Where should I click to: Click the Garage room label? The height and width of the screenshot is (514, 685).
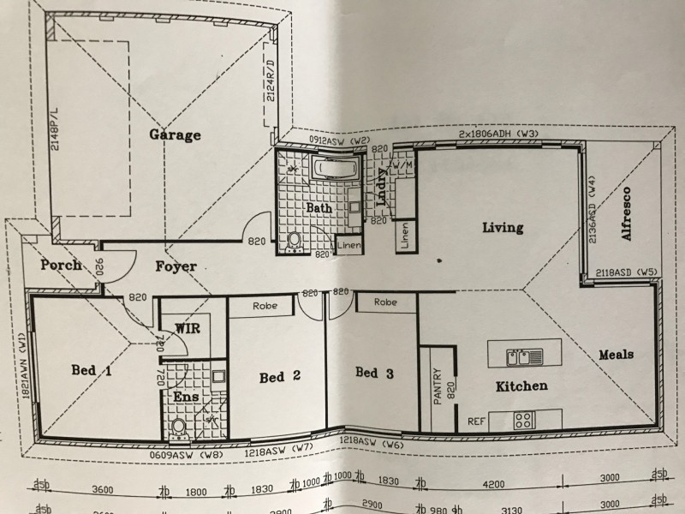[175, 134]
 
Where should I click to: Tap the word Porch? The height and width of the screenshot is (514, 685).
[61, 265]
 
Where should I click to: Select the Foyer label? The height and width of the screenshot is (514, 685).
[176, 266]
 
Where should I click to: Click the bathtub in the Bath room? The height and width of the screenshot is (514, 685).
[334, 169]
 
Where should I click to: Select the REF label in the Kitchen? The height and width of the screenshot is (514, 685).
[476, 421]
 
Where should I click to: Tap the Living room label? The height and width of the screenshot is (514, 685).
[502, 227]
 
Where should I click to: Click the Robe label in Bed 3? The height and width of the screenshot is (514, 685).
[385, 302]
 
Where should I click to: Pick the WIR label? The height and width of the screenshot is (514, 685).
[188, 328]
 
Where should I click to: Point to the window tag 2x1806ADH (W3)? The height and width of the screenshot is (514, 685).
[497, 134]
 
